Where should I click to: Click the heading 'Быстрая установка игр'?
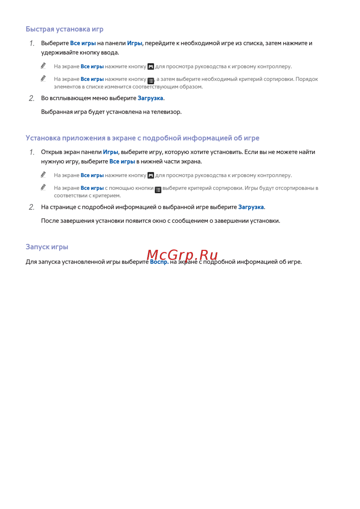[x=64, y=29]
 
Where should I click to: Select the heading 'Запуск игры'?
[x=47, y=247]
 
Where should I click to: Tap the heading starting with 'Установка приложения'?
[x=143, y=138]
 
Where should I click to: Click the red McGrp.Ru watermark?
[x=182, y=255]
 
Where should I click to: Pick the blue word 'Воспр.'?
[x=159, y=262]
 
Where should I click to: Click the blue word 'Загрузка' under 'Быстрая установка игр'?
[x=150, y=98]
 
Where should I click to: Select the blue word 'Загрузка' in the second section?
[x=251, y=207]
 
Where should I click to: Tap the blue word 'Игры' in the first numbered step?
[x=135, y=43]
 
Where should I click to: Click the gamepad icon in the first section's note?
[x=151, y=67]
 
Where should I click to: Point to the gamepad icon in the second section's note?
[x=151, y=176]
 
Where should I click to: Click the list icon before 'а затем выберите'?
[x=151, y=81]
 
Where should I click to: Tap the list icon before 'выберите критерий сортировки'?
[x=158, y=190]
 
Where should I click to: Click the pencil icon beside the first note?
[x=43, y=66]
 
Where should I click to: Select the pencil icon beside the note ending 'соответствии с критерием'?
[x=43, y=187]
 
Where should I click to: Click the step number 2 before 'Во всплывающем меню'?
[x=32, y=98]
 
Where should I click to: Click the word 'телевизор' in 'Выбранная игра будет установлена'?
[x=166, y=112]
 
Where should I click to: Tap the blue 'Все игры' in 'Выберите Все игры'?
[x=83, y=43]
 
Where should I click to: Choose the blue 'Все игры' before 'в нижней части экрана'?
[x=122, y=162]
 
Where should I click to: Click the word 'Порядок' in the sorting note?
[x=307, y=79]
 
